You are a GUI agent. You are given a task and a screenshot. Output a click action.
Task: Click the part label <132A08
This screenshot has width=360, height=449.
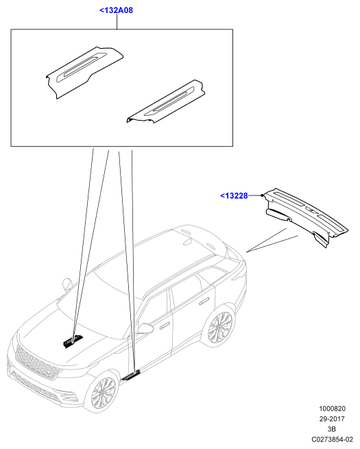point(117,10)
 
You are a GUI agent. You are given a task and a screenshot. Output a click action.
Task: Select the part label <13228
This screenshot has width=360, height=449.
point(234,195)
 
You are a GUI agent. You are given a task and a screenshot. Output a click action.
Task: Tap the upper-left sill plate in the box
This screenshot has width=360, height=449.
point(85,73)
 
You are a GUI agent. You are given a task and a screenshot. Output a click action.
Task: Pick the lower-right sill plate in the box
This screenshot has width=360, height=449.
point(166,101)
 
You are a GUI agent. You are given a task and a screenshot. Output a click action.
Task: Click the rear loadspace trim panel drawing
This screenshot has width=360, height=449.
point(306,217)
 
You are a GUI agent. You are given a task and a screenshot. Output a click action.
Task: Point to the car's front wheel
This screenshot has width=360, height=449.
point(104,391)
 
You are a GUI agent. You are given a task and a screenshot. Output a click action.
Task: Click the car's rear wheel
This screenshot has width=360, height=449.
point(220,327)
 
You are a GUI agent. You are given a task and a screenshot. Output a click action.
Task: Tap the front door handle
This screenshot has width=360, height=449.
point(165,326)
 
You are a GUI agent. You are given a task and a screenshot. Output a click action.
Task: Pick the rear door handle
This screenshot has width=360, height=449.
point(204,302)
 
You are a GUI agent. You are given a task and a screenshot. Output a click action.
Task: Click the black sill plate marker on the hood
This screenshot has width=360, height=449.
point(73,341)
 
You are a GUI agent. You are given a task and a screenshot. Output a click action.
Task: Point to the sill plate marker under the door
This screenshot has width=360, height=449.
point(131,376)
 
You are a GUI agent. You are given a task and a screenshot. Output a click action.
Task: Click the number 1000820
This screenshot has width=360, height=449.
point(332,409)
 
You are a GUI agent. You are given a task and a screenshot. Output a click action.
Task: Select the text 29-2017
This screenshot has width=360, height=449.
point(332,419)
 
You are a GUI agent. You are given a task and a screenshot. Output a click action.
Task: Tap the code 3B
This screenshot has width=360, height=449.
point(332,429)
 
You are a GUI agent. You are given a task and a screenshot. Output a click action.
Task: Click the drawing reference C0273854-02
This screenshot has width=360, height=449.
point(332,439)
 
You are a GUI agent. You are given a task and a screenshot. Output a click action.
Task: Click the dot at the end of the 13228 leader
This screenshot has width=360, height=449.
point(262,195)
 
